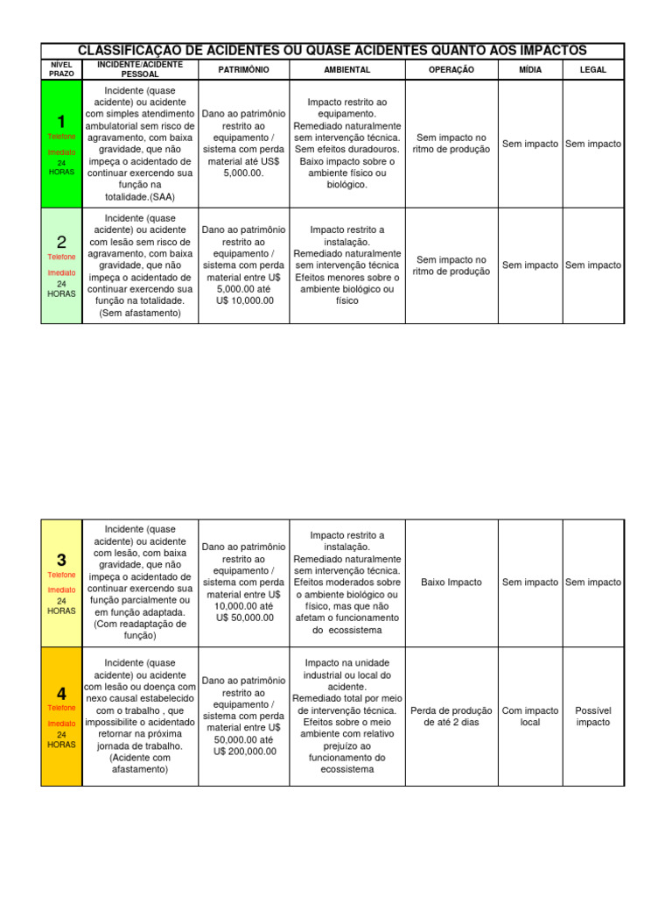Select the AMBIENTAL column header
pos(346,69)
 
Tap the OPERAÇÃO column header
pos(451,69)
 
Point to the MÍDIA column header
pos(529,69)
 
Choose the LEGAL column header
pos(593,69)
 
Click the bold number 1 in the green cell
pos(61,121)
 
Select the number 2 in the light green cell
pos(61,242)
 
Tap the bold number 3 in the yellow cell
pos(61,560)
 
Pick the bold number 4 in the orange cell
pos(61,694)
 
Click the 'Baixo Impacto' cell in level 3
pos(451,582)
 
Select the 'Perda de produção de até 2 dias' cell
pos(451,717)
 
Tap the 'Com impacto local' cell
pos(529,717)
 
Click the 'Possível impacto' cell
pos(593,717)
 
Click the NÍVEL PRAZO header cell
pos(61,69)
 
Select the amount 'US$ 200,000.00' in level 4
pos(244,751)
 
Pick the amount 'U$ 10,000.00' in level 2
pos(244,300)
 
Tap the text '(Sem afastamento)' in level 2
pos(140,313)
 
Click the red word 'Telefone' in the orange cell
pos(61,707)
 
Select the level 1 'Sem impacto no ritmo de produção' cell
pos(451,144)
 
